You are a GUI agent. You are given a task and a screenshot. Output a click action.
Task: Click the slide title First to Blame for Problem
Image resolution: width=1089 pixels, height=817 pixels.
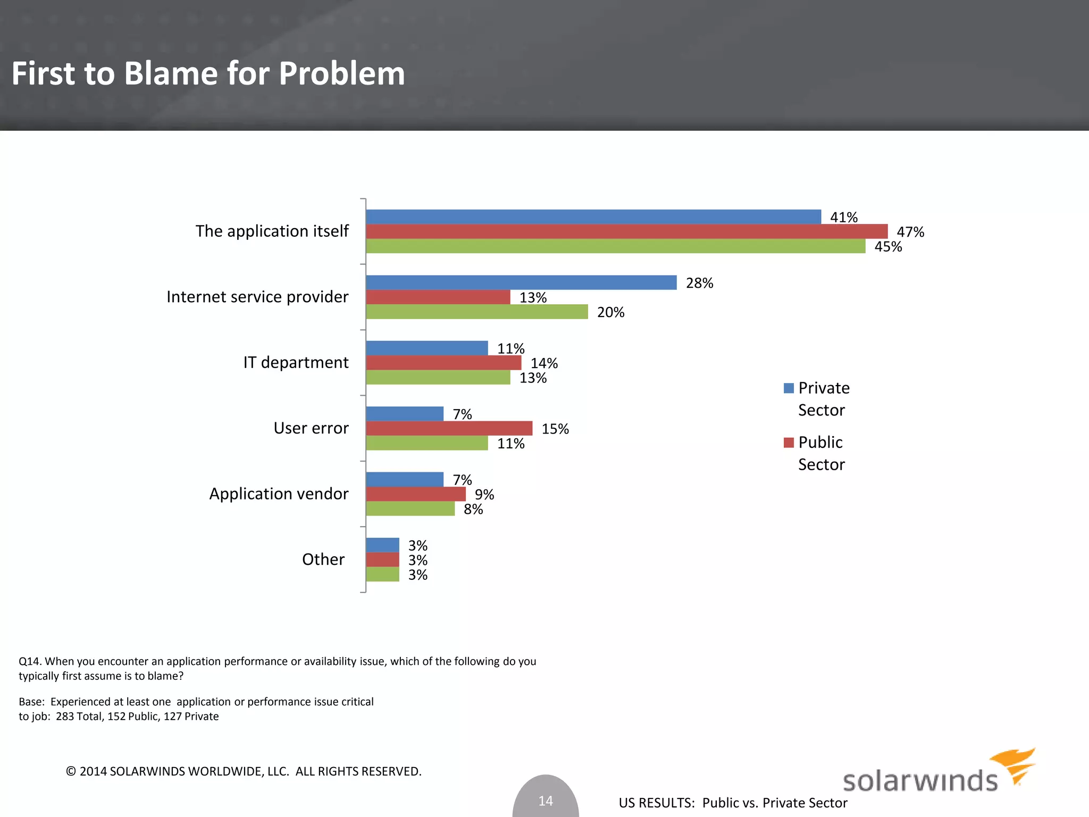(x=208, y=73)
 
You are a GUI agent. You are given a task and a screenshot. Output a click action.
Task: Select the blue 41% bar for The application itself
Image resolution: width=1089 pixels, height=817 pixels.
(x=593, y=217)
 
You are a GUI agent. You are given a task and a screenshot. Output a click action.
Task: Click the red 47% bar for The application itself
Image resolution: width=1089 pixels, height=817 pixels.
(x=626, y=231)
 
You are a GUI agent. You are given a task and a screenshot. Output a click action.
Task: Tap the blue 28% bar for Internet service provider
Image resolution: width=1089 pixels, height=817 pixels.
(x=521, y=282)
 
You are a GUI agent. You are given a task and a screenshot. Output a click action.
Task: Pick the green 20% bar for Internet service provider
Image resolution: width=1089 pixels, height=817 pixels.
(x=477, y=312)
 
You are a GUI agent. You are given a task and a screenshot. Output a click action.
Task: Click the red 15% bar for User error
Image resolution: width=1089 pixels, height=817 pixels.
(x=449, y=428)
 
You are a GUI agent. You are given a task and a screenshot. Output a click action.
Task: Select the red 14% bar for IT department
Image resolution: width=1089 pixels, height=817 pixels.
(x=443, y=363)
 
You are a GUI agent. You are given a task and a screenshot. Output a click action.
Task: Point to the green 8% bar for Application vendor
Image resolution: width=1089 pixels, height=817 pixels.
(x=410, y=509)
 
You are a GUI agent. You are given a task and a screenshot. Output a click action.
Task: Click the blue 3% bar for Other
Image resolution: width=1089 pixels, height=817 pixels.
(x=382, y=545)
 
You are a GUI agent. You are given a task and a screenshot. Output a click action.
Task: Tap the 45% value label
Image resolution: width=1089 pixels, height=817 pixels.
(x=888, y=247)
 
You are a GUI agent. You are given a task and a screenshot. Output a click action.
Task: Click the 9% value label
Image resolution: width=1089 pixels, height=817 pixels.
(x=484, y=495)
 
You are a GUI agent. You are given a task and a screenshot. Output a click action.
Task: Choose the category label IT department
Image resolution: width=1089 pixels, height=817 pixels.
(x=296, y=363)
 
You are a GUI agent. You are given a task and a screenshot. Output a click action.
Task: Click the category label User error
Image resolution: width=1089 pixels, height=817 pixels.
(x=311, y=428)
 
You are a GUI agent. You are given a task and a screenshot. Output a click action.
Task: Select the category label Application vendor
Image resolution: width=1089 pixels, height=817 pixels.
(x=279, y=494)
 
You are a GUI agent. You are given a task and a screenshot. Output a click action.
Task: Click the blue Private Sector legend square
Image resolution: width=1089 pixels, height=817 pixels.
(x=789, y=388)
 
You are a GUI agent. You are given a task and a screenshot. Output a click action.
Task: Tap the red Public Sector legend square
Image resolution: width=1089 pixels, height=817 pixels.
(x=789, y=443)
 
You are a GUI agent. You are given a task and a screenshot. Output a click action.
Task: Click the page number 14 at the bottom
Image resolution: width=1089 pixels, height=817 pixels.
(x=546, y=801)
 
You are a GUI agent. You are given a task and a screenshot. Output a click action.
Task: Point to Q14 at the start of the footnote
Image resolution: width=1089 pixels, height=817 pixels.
(x=29, y=662)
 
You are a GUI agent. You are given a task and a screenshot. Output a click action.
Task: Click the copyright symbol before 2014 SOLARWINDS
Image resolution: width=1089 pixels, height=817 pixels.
(x=71, y=771)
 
